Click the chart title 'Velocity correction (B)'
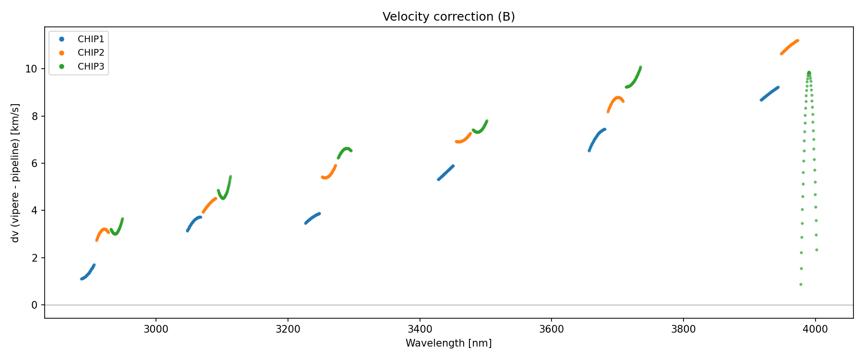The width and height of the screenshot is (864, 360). pyautogui.click(x=448, y=17)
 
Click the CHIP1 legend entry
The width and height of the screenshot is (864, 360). pyautogui.click(x=91, y=39)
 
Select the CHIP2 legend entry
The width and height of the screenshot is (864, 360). pyautogui.click(x=91, y=53)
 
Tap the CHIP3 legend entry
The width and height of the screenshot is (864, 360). pyautogui.click(x=91, y=67)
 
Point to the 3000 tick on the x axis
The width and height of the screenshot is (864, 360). pyautogui.click(x=156, y=329)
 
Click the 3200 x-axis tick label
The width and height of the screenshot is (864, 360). pyautogui.click(x=288, y=329)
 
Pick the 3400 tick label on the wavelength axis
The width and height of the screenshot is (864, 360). pyautogui.click(x=420, y=329)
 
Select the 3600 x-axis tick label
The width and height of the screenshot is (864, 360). pyautogui.click(x=552, y=329)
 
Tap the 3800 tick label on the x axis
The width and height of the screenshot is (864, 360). pyautogui.click(x=683, y=329)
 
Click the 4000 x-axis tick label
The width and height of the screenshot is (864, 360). pyautogui.click(x=815, y=329)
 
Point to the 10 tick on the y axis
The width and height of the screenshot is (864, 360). pyautogui.click(x=31, y=69)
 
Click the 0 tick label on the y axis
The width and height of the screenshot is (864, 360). pyautogui.click(x=34, y=305)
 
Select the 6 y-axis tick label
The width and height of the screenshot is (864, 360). pyautogui.click(x=34, y=164)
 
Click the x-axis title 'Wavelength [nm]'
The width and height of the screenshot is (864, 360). pyautogui.click(x=448, y=343)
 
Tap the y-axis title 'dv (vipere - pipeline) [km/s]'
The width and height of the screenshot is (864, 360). pyautogui.click(x=15, y=173)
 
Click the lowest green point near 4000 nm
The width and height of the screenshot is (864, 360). pyautogui.click(x=801, y=284)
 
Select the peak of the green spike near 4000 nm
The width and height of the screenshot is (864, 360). pyautogui.click(x=809, y=72)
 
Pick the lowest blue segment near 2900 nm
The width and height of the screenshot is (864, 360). pyautogui.click(x=88, y=273)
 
